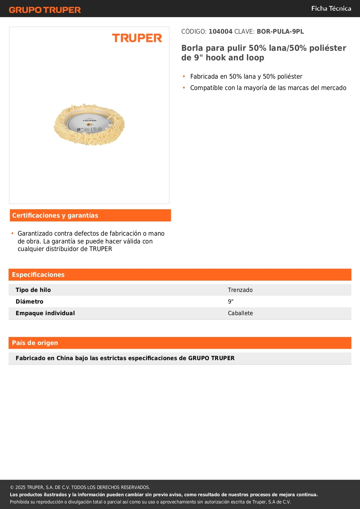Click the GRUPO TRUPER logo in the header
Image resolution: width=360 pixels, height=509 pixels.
(x=45, y=10)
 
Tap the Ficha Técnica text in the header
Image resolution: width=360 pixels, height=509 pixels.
(x=331, y=9)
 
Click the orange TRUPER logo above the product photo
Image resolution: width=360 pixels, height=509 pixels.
(x=137, y=38)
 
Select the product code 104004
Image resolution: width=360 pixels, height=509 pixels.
(x=220, y=32)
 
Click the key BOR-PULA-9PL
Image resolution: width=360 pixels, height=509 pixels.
(x=280, y=32)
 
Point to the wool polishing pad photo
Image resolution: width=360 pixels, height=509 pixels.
(x=89, y=125)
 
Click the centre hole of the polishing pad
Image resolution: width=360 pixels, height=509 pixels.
(x=89, y=124)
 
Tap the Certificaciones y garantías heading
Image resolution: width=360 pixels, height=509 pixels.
(x=55, y=215)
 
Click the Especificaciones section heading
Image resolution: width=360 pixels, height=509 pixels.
(x=38, y=275)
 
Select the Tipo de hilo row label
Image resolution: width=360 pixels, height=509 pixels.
(x=33, y=290)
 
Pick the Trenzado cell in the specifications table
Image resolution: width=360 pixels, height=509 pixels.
(x=240, y=290)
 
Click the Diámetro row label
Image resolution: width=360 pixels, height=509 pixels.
(x=29, y=302)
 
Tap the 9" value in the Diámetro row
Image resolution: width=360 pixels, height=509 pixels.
(x=231, y=302)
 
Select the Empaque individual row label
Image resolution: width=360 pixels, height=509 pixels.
(x=45, y=313)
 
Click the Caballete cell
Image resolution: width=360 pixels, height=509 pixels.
(x=240, y=313)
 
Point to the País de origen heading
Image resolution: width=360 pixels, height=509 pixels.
(x=35, y=343)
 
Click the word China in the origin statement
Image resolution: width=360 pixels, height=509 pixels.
(x=65, y=358)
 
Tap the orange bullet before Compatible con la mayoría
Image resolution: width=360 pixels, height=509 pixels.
(x=184, y=88)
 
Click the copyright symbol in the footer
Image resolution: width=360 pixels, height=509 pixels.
(x=12, y=488)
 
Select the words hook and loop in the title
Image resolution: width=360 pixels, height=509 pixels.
(x=235, y=58)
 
